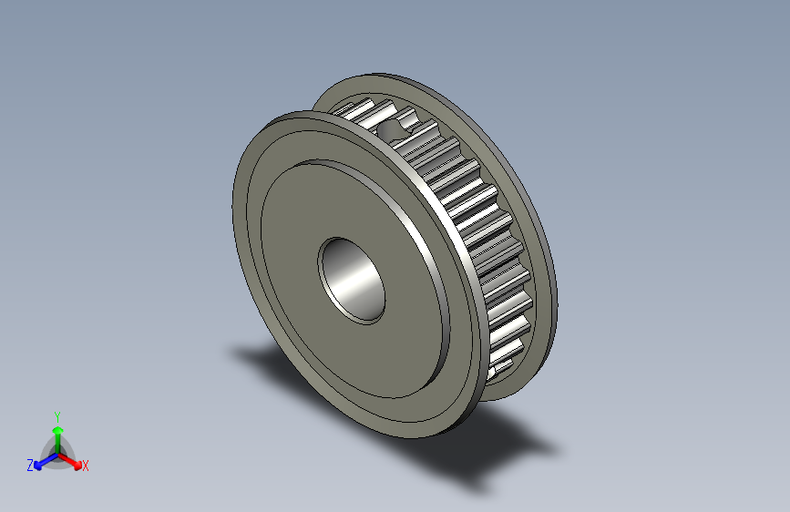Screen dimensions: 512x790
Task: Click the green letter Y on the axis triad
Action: [x=56, y=415]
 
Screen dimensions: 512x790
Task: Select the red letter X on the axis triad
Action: [x=86, y=466]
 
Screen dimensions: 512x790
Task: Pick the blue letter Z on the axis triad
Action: [x=30, y=465]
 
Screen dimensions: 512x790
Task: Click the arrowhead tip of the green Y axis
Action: [x=56, y=425]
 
